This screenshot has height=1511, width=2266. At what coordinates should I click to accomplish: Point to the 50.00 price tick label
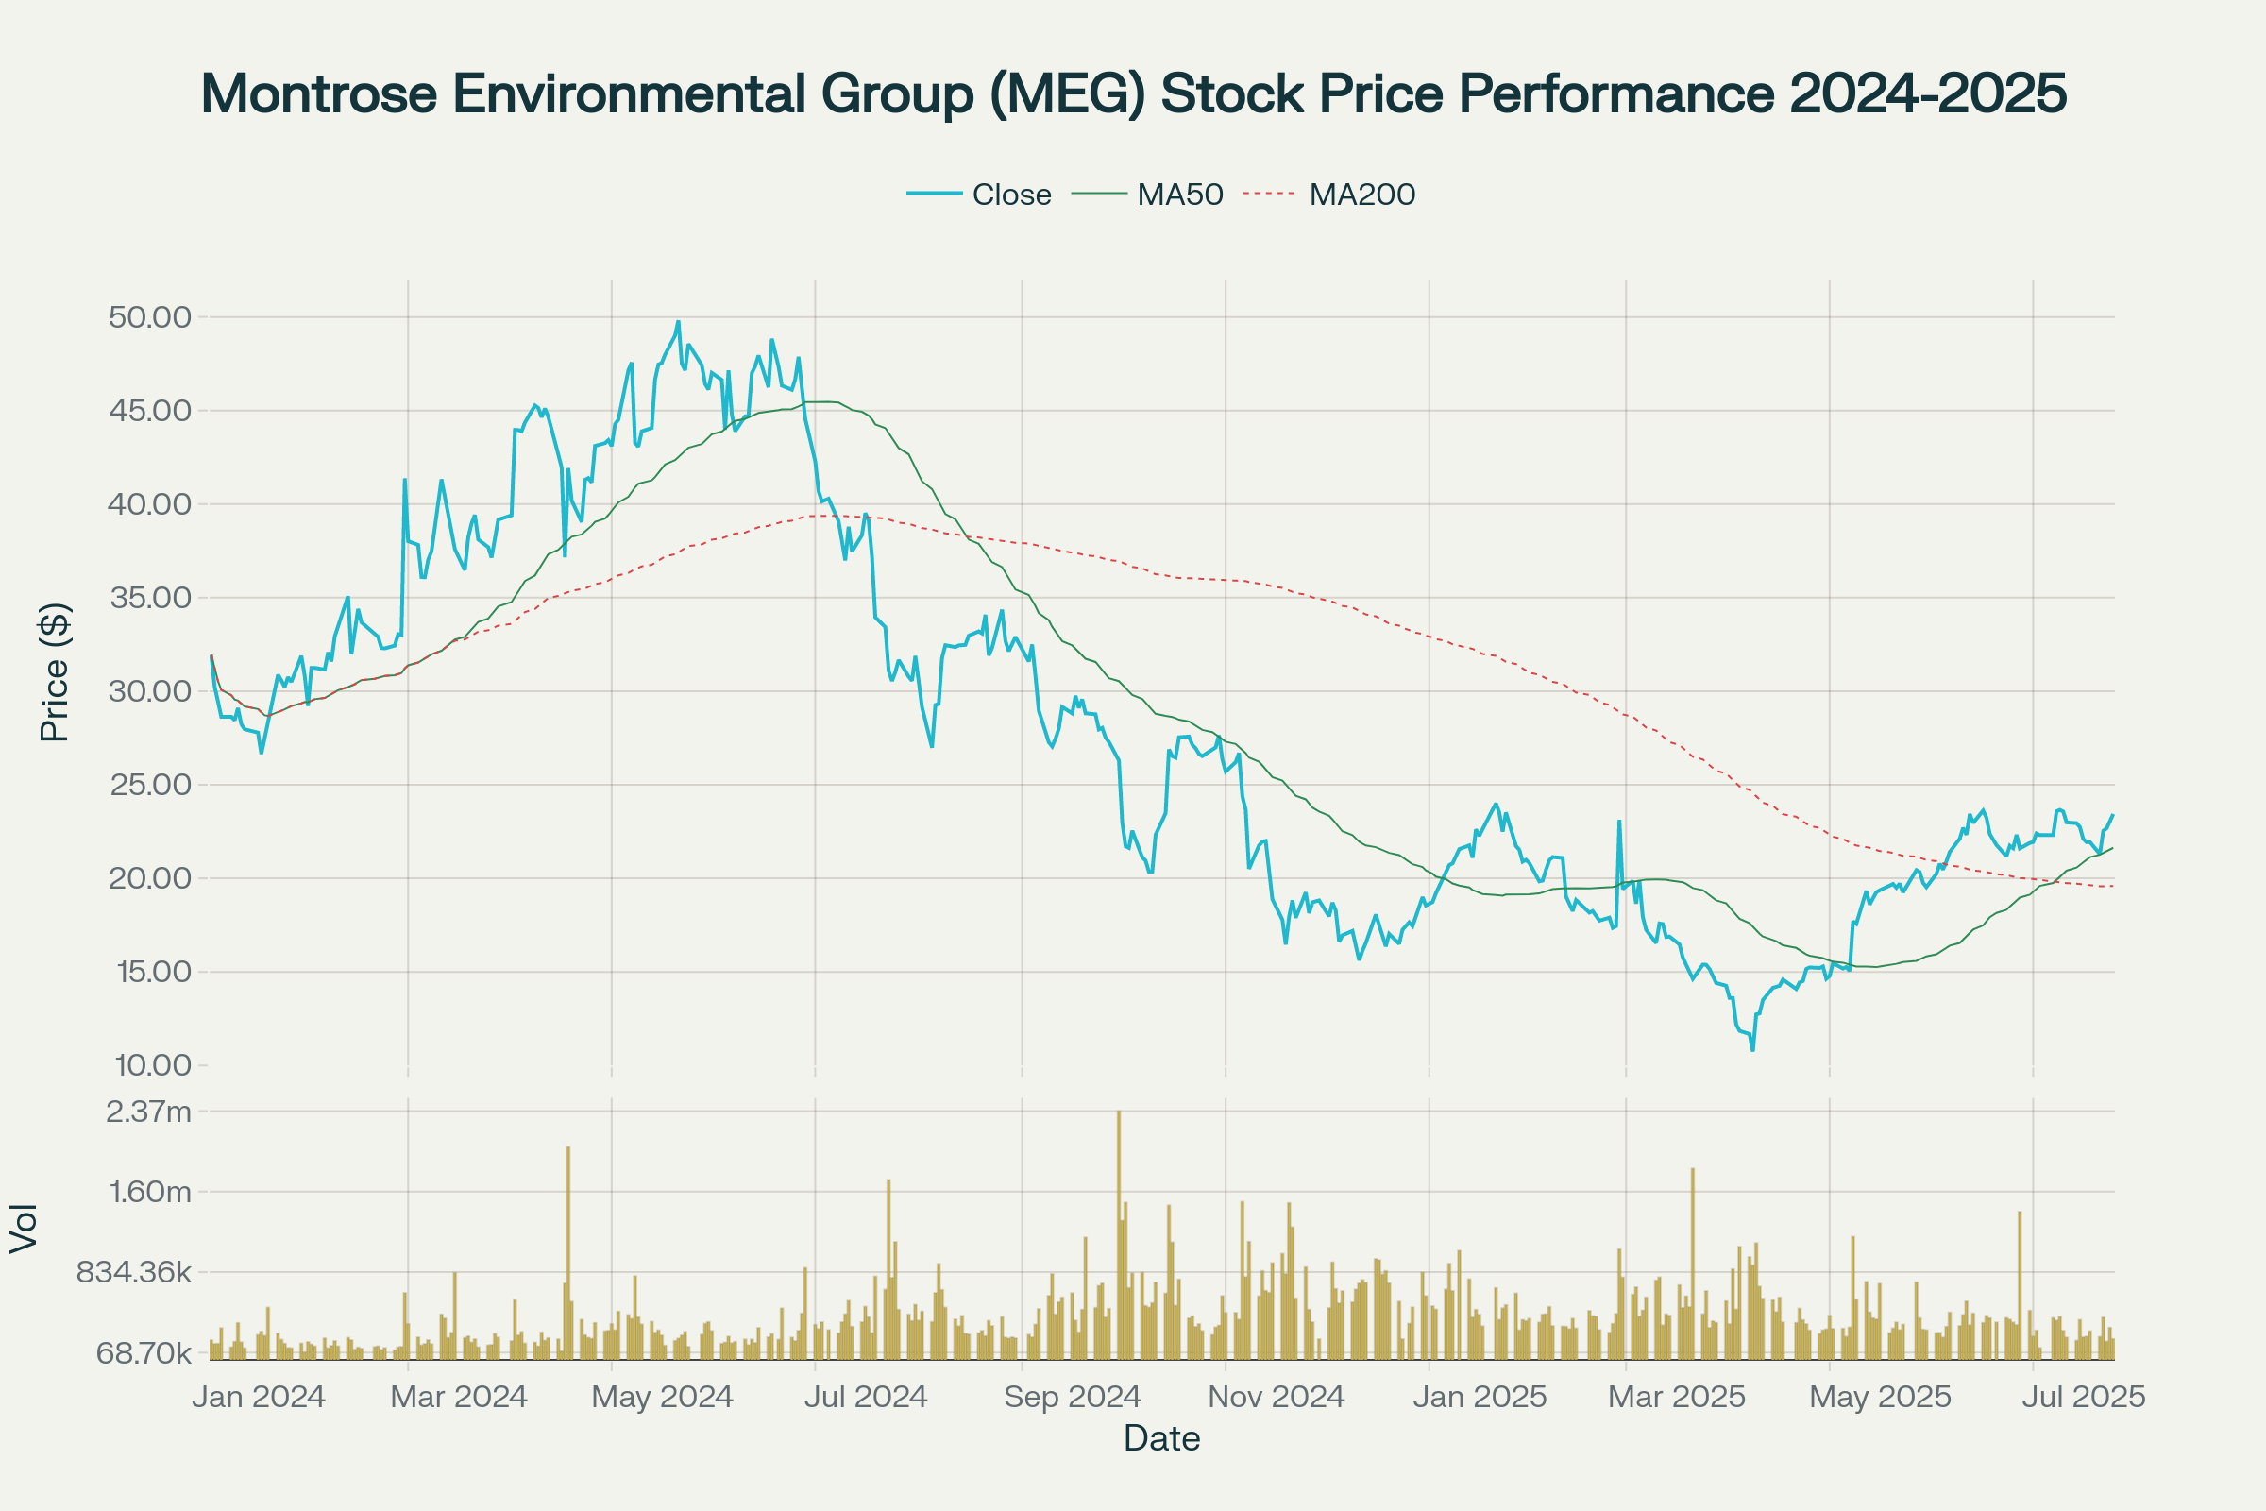click(x=150, y=317)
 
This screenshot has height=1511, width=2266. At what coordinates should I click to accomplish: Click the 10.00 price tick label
click(x=153, y=1065)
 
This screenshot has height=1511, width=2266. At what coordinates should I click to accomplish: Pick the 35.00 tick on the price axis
click(x=150, y=598)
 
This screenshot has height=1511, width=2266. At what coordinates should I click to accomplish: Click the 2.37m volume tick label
click(x=148, y=1112)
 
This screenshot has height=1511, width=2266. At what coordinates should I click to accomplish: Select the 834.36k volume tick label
click(x=134, y=1272)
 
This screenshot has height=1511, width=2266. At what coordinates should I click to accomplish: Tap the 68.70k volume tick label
click(x=144, y=1353)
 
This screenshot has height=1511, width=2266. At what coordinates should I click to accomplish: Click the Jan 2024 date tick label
click(x=258, y=1397)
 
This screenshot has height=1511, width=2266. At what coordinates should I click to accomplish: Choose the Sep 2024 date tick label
click(x=1073, y=1397)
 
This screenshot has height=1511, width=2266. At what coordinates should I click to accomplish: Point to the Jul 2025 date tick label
click(x=2083, y=1397)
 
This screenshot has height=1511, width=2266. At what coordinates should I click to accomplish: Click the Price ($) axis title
click(x=55, y=671)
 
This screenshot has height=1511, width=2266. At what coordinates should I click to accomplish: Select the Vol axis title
click(x=23, y=1228)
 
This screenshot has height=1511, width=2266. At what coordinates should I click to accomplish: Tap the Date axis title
click(x=1162, y=1438)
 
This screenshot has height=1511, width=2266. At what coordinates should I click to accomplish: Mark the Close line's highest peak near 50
click(x=678, y=322)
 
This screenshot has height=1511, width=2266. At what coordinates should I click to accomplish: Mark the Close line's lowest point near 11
click(x=1752, y=1049)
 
